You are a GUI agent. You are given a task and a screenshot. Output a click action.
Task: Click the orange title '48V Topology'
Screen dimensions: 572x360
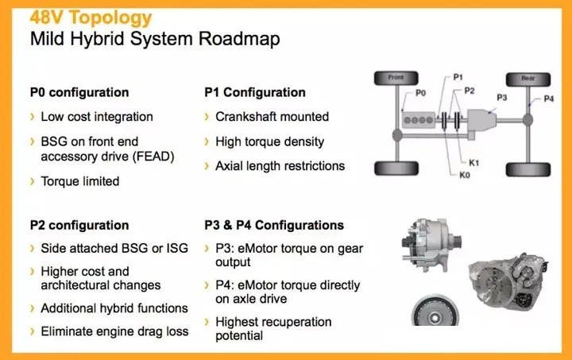click(x=91, y=17)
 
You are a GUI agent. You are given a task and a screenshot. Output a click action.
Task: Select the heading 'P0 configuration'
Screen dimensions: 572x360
click(x=79, y=92)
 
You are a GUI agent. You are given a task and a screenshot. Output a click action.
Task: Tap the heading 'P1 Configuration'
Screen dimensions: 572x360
click(x=255, y=92)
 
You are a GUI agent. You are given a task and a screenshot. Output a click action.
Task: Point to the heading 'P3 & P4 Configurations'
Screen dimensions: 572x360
click(x=274, y=225)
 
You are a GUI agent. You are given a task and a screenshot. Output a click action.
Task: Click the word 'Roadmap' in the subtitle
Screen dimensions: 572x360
click(x=239, y=39)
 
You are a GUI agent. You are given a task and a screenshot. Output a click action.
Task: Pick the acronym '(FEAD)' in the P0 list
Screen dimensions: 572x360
click(x=153, y=157)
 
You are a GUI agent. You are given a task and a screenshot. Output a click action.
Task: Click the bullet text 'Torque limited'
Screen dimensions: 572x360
click(x=80, y=181)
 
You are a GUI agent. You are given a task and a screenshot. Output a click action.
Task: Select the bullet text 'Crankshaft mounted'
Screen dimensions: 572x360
click(x=272, y=117)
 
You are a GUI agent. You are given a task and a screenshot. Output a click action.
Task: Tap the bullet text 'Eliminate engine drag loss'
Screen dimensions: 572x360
click(x=114, y=331)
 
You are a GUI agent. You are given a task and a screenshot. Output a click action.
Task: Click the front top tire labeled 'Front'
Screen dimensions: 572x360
click(x=396, y=78)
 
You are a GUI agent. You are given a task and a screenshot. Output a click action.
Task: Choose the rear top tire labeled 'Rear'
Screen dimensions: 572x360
click(x=528, y=79)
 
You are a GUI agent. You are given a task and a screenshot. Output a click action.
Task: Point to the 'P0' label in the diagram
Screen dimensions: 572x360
click(x=420, y=93)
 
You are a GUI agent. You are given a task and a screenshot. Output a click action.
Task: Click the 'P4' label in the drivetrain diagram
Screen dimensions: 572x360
click(x=549, y=99)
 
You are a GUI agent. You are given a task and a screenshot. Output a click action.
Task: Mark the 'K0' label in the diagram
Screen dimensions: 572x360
click(x=465, y=175)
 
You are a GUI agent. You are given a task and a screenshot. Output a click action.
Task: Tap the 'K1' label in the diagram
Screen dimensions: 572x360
click(x=473, y=163)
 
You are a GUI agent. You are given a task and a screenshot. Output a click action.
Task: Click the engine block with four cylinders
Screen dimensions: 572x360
click(x=419, y=120)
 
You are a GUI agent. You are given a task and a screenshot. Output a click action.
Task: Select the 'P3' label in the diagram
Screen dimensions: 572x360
click(x=502, y=98)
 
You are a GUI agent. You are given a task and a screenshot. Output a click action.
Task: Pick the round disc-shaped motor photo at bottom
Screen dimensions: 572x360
click(x=435, y=311)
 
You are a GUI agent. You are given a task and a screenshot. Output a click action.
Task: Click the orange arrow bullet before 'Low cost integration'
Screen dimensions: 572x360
click(x=33, y=117)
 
